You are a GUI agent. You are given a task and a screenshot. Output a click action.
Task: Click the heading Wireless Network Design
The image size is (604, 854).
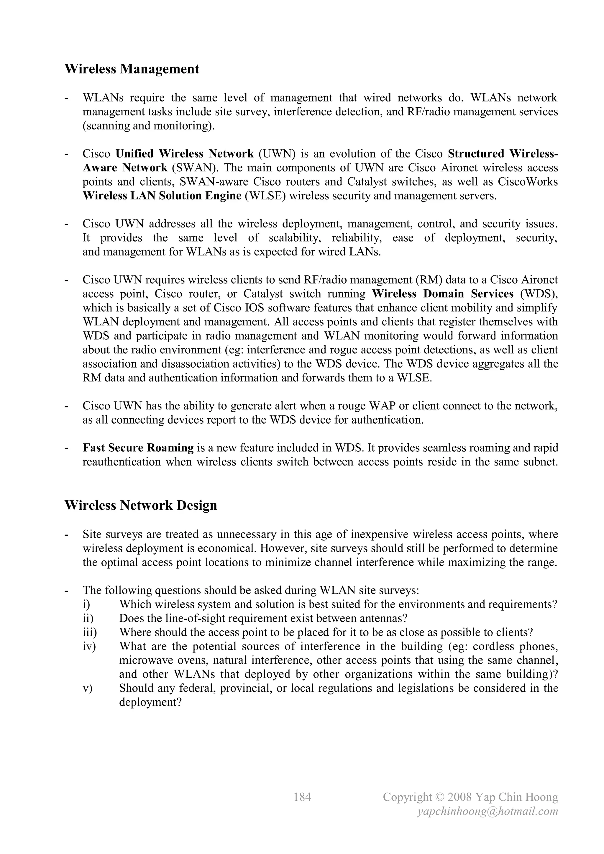tap(141, 505)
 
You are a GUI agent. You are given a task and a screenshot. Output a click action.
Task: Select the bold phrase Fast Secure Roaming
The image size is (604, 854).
tap(138, 448)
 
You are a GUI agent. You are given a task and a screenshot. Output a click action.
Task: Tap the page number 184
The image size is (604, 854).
tap(302, 797)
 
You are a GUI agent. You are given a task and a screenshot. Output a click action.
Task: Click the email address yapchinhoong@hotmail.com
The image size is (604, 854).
tap(488, 811)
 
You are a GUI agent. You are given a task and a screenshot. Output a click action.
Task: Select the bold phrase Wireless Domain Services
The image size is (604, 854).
tap(443, 294)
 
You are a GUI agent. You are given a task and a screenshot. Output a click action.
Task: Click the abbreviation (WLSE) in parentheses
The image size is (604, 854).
tap(265, 196)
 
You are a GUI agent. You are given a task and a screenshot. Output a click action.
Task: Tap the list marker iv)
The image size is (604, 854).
tap(89, 646)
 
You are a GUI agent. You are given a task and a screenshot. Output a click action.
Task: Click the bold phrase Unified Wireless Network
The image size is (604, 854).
tap(185, 154)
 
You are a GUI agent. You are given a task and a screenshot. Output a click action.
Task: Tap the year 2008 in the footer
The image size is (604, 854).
tap(460, 797)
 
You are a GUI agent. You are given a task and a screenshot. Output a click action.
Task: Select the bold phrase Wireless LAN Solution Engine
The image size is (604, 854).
tap(162, 196)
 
